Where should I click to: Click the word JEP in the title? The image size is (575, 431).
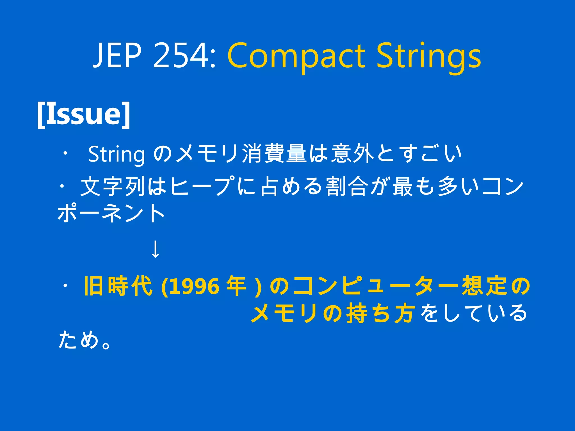(x=117, y=55)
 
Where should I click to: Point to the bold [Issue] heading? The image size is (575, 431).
(x=84, y=114)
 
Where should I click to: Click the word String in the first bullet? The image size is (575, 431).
(x=117, y=154)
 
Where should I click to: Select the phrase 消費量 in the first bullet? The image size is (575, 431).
(x=274, y=153)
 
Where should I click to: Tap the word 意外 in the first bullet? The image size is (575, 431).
(x=353, y=153)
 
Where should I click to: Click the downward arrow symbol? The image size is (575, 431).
(x=155, y=249)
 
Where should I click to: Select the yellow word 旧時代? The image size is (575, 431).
(x=118, y=286)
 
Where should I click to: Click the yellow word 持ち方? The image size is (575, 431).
(x=380, y=313)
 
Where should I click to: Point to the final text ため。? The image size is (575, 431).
(x=84, y=340)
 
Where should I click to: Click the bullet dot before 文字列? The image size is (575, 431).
(x=62, y=186)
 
